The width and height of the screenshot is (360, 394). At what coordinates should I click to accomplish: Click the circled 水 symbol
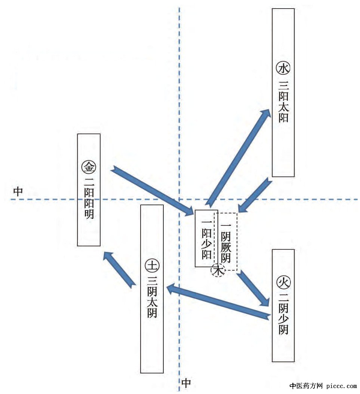pyautogui.click(x=283, y=69)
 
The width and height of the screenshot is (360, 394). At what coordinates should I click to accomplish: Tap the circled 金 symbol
pyautogui.click(x=89, y=167)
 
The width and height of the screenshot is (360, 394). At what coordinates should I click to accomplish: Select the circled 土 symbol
pyautogui.click(x=152, y=265)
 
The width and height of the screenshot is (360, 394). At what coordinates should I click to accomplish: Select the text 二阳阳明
pyautogui.click(x=89, y=198)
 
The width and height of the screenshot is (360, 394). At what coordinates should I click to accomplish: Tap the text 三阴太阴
pyautogui.click(x=152, y=297)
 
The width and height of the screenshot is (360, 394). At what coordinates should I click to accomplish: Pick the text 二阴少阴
pyautogui.click(x=283, y=314)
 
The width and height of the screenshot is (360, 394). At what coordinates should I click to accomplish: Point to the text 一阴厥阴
pyautogui.click(x=226, y=243)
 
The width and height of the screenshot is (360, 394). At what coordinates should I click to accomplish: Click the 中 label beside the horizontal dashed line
pyautogui.click(x=18, y=192)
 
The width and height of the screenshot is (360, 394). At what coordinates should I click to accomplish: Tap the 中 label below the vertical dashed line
pyautogui.click(x=186, y=383)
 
